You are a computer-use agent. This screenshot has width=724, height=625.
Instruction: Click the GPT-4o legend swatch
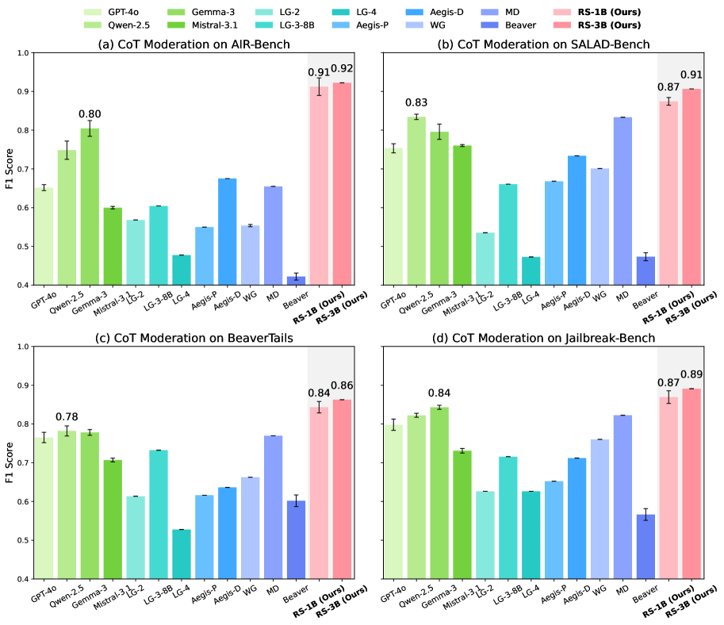(94, 13)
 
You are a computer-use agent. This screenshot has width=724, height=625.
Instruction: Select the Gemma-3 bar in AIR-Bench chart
(90, 206)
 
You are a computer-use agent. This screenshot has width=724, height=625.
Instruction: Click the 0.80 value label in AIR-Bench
(90, 114)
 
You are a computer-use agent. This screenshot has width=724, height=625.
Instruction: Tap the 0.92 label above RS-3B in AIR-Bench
(343, 69)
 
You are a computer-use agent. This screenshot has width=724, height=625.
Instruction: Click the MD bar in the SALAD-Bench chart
(622, 201)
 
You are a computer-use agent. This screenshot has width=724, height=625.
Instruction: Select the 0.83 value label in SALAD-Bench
(415, 102)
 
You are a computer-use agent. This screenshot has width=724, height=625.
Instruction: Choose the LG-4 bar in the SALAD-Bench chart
(530, 270)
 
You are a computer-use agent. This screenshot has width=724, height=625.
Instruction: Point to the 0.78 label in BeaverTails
(67, 417)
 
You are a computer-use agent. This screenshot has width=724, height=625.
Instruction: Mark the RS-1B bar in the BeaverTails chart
(320, 493)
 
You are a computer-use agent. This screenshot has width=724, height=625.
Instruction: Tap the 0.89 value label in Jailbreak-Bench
(691, 374)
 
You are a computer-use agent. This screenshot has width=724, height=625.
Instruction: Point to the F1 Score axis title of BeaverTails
(10, 462)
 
